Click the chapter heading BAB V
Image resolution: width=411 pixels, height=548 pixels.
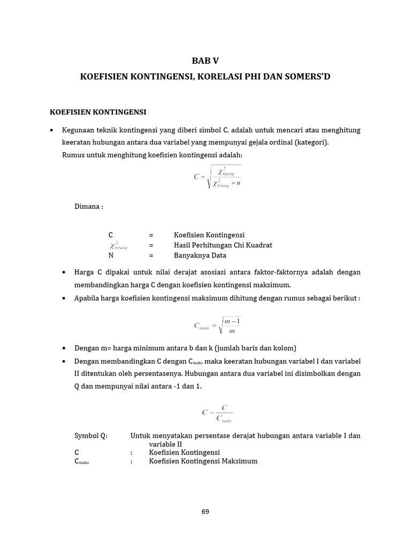[205, 60]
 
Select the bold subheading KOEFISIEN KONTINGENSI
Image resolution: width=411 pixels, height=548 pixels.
[97, 112]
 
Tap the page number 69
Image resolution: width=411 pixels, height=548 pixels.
[205, 511]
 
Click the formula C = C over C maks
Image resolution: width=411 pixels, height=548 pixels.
[217, 413]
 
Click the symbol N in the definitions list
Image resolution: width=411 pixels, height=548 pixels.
[111, 255]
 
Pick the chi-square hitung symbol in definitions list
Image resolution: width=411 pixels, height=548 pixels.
[118, 246]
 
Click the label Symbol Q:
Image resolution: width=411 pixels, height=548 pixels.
[90, 436]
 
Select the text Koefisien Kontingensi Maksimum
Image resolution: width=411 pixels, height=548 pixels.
[203, 461]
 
